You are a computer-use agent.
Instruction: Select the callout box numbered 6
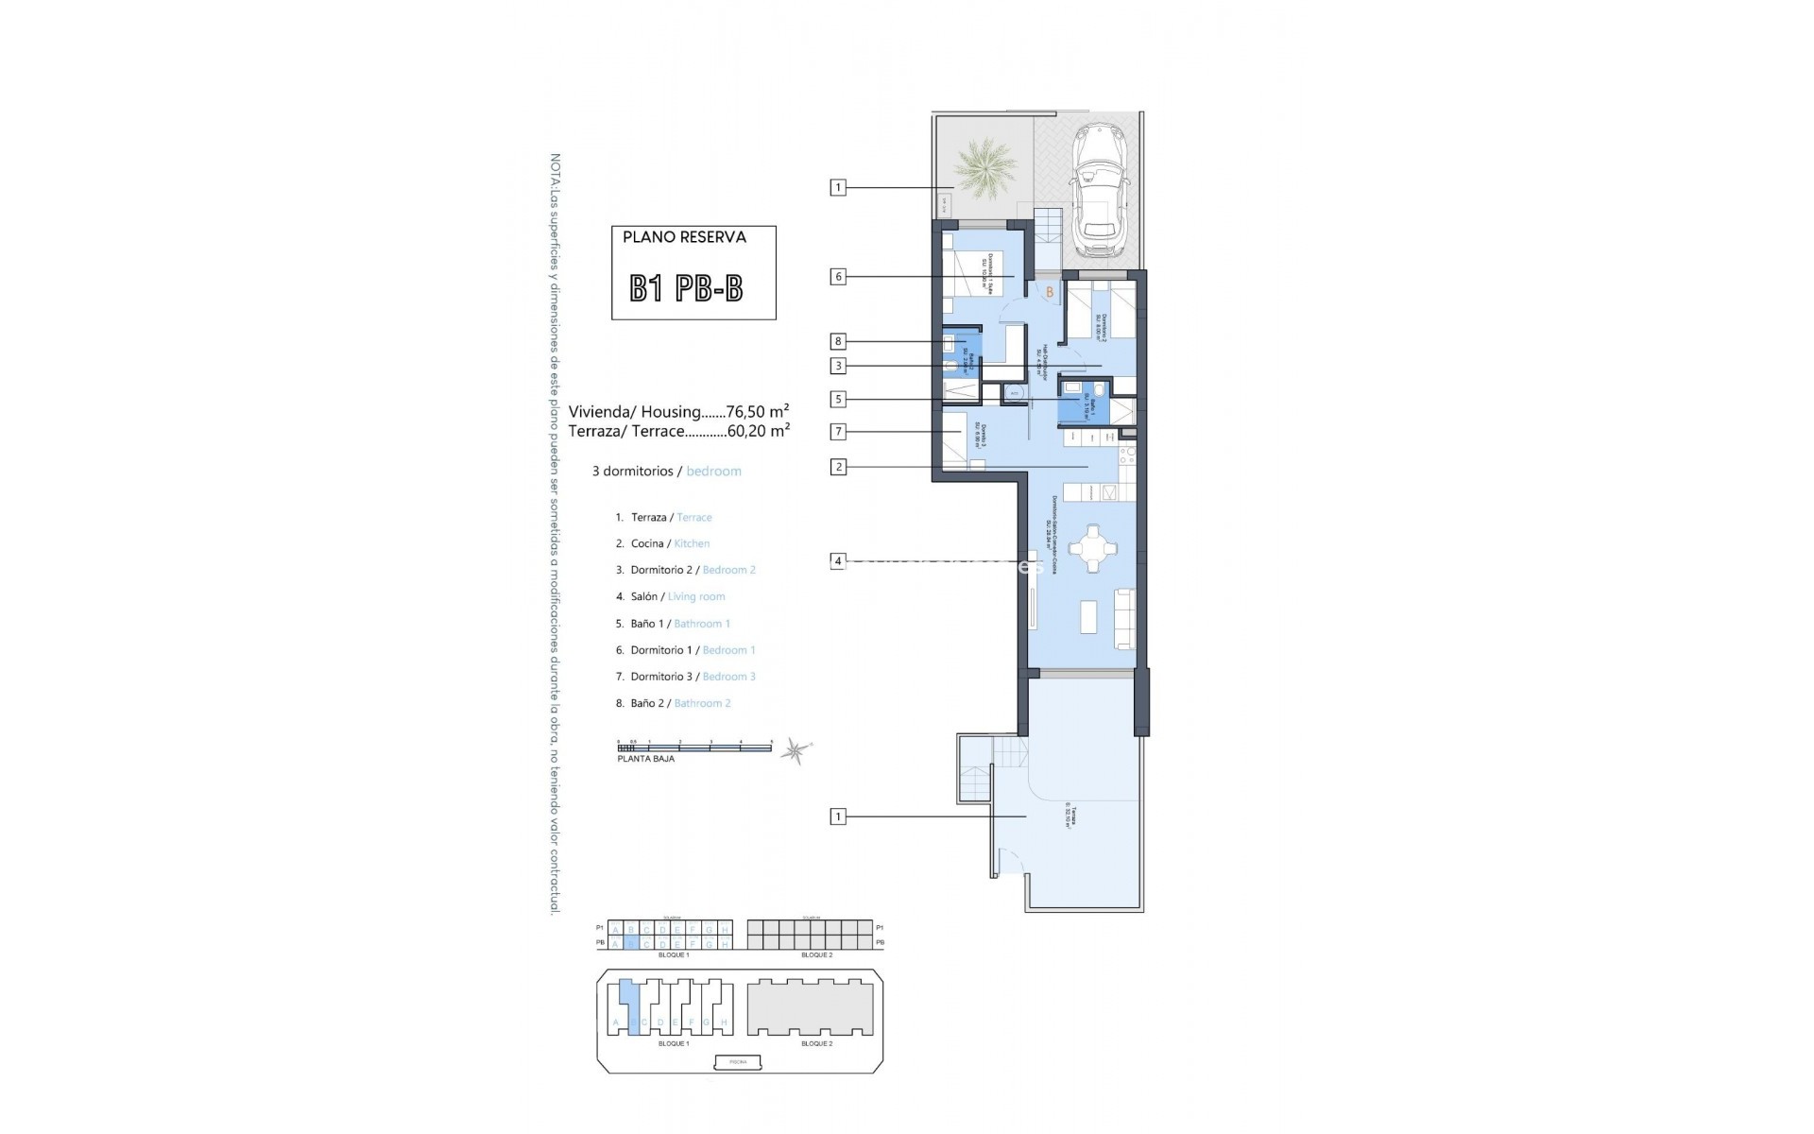click(x=837, y=277)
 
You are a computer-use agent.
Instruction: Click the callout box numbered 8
click(x=837, y=341)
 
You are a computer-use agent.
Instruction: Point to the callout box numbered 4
click(x=837, y=560)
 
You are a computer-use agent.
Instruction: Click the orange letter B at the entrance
click(x=1050, y=293)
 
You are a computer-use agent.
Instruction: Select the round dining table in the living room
click(x=1093, y=549)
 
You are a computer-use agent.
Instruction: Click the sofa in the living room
click(x=1124, y=618)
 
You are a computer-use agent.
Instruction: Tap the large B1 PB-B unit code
click(x=687, y=288)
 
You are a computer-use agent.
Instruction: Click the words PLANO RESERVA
click(x=684, y=237)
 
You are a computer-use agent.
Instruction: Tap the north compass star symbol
click(x=796, y=751)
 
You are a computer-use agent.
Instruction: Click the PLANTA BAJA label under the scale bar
click(x=646, y=759)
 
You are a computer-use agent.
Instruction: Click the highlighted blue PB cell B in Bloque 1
click(x=631, y=943)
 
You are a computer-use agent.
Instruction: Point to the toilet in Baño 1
click(x=1072, y=388)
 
